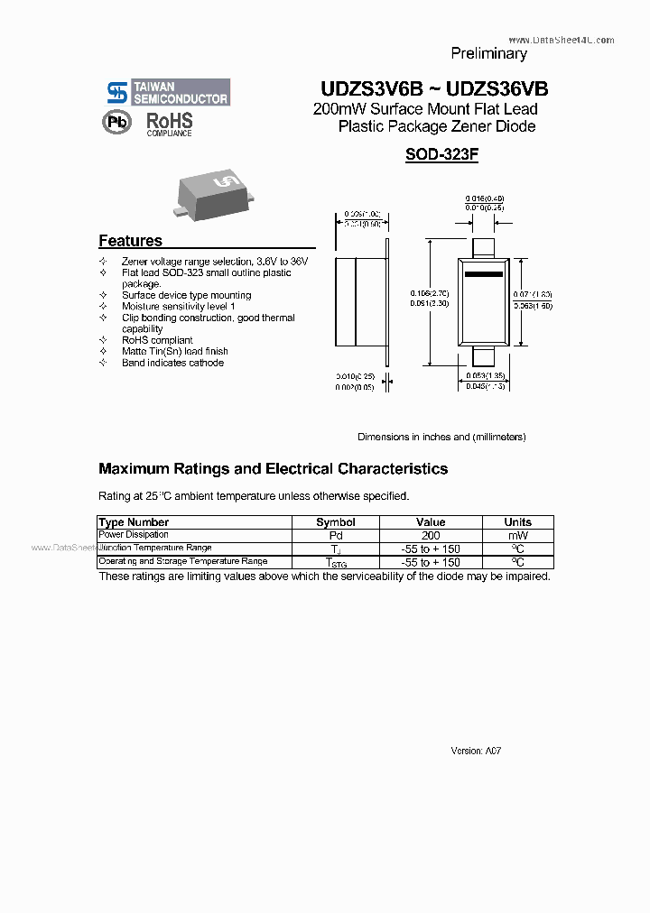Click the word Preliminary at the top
(488, 54)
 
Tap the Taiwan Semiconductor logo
(168, 92)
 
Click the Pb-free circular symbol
(118, 123)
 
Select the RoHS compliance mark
(170, 124)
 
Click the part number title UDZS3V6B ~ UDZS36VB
(433, 89)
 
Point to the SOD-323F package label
(441, 154)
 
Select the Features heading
(130, 241)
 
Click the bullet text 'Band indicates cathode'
(172, 363)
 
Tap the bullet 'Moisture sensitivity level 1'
(179, 307)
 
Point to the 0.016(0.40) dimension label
(485, 198)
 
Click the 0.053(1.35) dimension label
(485, 375)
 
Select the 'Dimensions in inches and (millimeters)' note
(441, 437)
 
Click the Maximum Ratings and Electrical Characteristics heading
(273, 469)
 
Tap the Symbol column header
(335, 522)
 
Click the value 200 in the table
(431, 535)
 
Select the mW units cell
(517, 535)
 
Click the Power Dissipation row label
(134, 535)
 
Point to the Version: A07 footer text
(476, 751)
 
